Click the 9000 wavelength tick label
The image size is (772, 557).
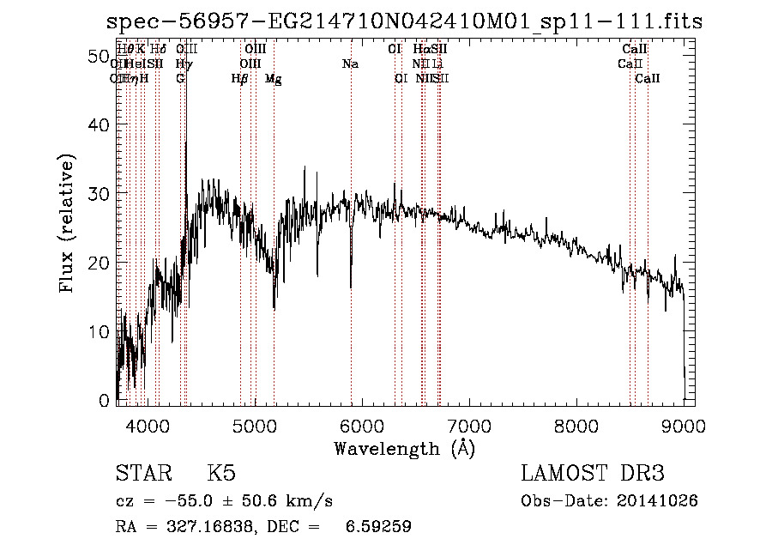684,425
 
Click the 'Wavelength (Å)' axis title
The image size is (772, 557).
404,448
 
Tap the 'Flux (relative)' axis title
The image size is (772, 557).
67,223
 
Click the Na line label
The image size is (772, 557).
350,64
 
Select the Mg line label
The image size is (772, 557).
274,79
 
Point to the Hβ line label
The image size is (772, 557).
240,79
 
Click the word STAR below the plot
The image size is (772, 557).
142,475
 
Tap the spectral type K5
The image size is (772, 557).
221,475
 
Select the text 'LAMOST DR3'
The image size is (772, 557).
593,475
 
